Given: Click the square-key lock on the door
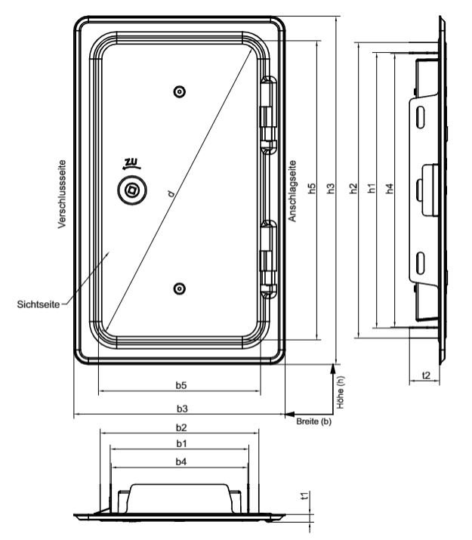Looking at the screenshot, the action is (x=132, y=190).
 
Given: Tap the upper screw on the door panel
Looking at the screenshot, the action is (x=180, y=92).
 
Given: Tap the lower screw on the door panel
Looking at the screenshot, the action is (x=180, y=289).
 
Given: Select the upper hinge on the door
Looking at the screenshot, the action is (x=268, y=116).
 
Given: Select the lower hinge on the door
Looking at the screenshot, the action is (x=268, y=260).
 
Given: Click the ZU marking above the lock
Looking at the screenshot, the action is (x=131, y=163).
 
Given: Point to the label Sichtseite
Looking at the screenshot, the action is (x=39, y=304).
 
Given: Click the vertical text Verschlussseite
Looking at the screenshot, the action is (x=62, y=194).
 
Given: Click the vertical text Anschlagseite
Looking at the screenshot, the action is (x=292, y=191).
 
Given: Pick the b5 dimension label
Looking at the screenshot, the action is (x=181, y=385).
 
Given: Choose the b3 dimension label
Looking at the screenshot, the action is (x=182, y=409).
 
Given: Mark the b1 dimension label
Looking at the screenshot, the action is (x=181, y=443).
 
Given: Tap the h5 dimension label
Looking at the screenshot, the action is (x=312, y=188).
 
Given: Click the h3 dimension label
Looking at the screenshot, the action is (x=331, y=188).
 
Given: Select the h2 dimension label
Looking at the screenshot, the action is (x=353, y=188).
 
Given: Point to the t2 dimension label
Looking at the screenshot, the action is (x=426, y=375).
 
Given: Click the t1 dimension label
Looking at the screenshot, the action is (x=304, y=495).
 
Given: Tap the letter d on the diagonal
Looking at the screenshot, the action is (x=171, y=194).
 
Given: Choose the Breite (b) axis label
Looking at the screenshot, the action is (x=313, y=421).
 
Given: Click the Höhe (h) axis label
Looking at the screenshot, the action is (x=341, y=392).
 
